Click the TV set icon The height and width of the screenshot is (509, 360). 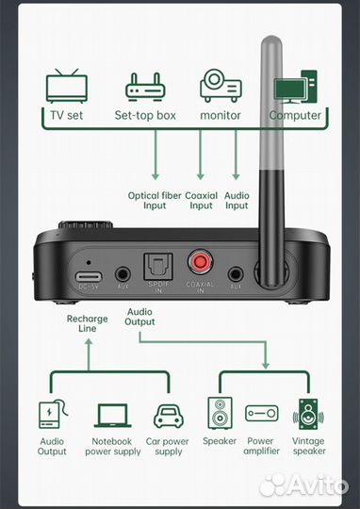[x=67, y=86]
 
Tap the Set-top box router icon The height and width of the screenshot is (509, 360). [x=145, y=88]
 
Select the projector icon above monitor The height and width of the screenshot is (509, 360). [x=221, y=86]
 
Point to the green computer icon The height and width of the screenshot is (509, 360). [x=295, y=87]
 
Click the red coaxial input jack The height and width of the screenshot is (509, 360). [x=201, y=261]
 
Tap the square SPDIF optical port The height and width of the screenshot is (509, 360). [x=158, y=267]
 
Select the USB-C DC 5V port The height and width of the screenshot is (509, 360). [x=89, y=277]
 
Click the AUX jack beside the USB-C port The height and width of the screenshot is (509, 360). [x=123, y=274]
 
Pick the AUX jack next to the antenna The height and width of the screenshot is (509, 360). [x=236, y=274]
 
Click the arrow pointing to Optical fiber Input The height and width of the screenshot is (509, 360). [x=155, y=155]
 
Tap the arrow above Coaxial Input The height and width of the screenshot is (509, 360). [x=201, y=155]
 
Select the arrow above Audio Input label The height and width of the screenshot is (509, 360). [x=236, y=155]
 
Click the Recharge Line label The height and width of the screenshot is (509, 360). [x=88, y=323]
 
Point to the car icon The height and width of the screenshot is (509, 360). [x=168, y=416]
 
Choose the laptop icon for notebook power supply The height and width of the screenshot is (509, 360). [x=113, y=416]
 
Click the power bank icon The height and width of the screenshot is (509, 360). [x=53, y=414]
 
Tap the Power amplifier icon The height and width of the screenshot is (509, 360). [x=262, y=413]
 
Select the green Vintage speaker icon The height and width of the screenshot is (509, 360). [x=308, y=414]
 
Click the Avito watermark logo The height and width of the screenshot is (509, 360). [x=303, y=485]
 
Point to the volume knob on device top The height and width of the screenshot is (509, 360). [x=86, y=224]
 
